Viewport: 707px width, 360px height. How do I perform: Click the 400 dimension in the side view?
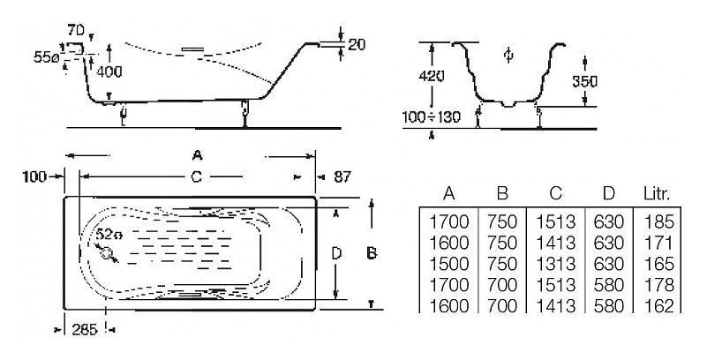(x=109, y=71)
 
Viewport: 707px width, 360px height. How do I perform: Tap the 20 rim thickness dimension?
(x=356, y=44)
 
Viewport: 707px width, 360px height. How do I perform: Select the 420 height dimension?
(x=431, y=76)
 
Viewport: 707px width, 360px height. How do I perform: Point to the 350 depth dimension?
(x=584, y=81)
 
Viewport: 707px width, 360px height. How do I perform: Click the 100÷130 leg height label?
(x=431, y=117)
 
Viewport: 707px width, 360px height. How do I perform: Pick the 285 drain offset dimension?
(x=85, y=330)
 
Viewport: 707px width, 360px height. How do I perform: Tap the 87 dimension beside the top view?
(x=342, y=176)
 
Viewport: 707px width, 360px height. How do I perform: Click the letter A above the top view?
(x=197, y=156)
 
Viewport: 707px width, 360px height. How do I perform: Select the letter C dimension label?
(x=196, y=177)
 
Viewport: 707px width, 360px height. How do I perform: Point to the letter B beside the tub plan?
(x=372, y=253)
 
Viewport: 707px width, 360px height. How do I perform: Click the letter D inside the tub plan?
(x=336, y=253)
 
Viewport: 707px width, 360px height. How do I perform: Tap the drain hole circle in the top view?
(x=107, y=252)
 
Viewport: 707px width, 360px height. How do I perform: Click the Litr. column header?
(x=656, y=194)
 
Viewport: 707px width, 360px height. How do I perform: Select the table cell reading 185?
(x=658, y=221)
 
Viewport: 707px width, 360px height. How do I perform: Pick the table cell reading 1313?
(x=555, y=264)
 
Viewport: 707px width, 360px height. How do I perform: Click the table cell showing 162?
(x=658, y=305)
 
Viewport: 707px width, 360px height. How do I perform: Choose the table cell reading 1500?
(x=448, y=264)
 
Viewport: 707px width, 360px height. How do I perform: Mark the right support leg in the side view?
(x=244, y=113)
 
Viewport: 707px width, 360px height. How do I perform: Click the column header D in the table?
(x=608, y=194)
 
